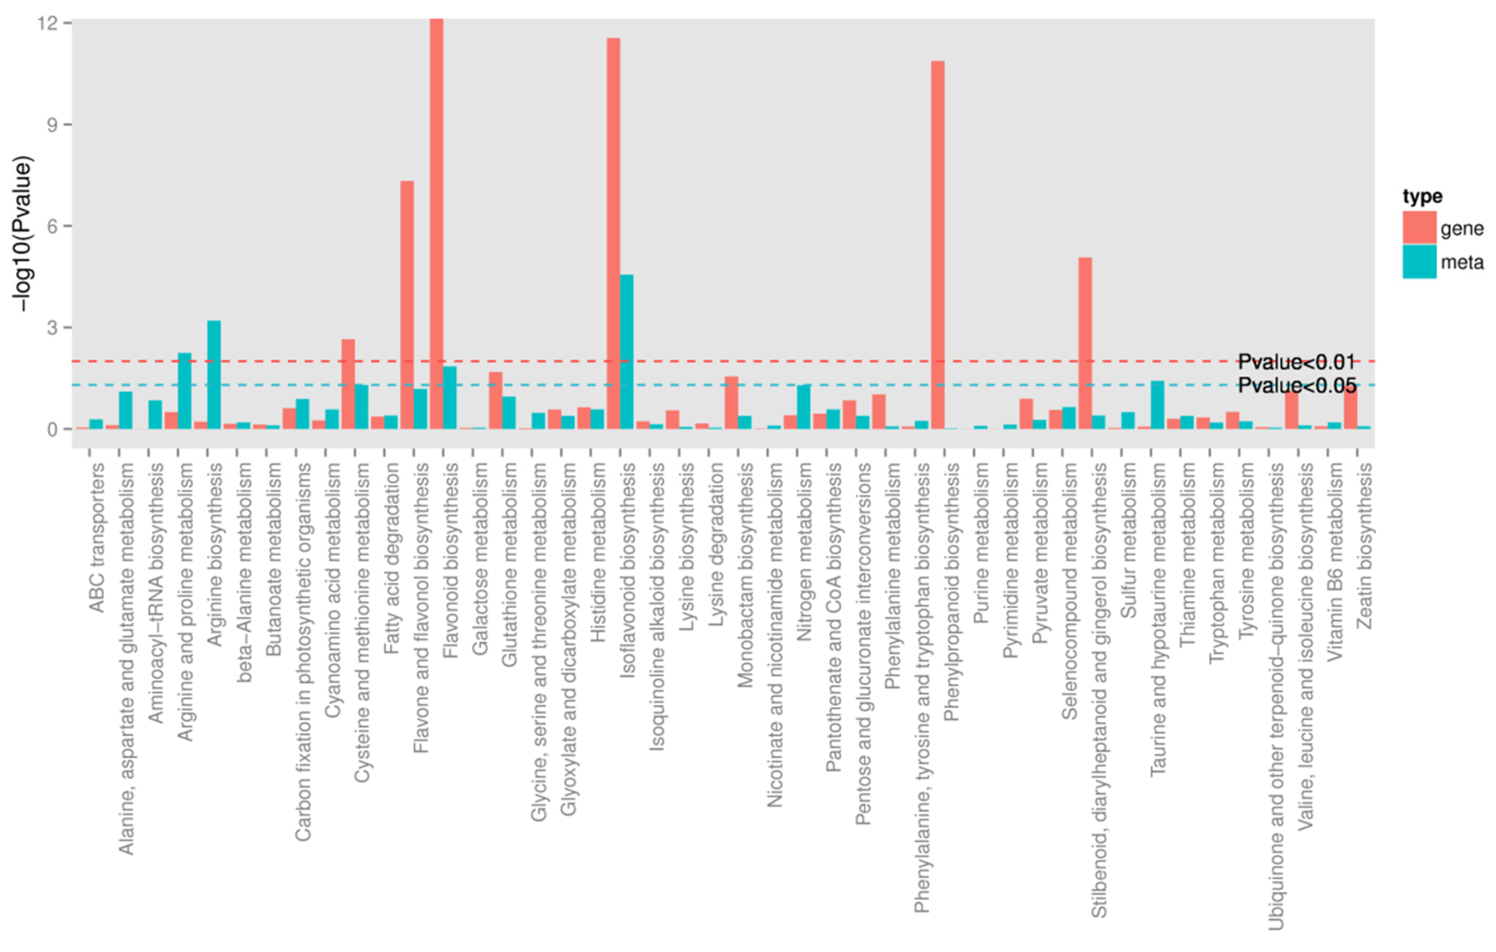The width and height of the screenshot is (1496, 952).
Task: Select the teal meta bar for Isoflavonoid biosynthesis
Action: (x=627, y=351)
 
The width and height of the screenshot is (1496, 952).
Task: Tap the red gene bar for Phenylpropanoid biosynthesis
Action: (x=938, y=245)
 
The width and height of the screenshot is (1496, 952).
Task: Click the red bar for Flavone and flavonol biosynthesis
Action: (x=407, y=304)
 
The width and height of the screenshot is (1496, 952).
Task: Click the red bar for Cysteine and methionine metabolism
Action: (x=348, y=384)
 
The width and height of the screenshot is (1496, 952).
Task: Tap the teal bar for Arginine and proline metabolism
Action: (x=185, y=391)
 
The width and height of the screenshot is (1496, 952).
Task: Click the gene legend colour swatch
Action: (x=1419, y=227)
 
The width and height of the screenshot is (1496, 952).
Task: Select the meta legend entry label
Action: (x=1462, y=262)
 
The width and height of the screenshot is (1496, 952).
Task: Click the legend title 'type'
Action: (x=1422, y=196)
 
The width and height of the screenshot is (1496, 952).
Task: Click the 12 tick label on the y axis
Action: (x=49, y=23)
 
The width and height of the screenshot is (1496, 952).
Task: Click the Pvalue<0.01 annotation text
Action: (x=1296, y=362)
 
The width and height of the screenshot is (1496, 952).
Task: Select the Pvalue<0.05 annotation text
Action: (x=1297, y=385)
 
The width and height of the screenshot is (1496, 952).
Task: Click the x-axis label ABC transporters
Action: (x=96, y=537)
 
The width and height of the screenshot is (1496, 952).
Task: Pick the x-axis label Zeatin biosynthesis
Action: (x=1364, y=547)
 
